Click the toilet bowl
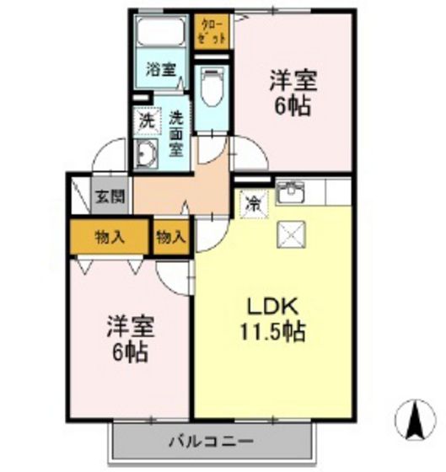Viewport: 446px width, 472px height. coord(211,85)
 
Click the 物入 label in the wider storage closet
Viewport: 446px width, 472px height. coord(110,237)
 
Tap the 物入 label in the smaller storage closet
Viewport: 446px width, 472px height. coord(170,237)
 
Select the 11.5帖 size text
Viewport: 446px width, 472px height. coord(271,331)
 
